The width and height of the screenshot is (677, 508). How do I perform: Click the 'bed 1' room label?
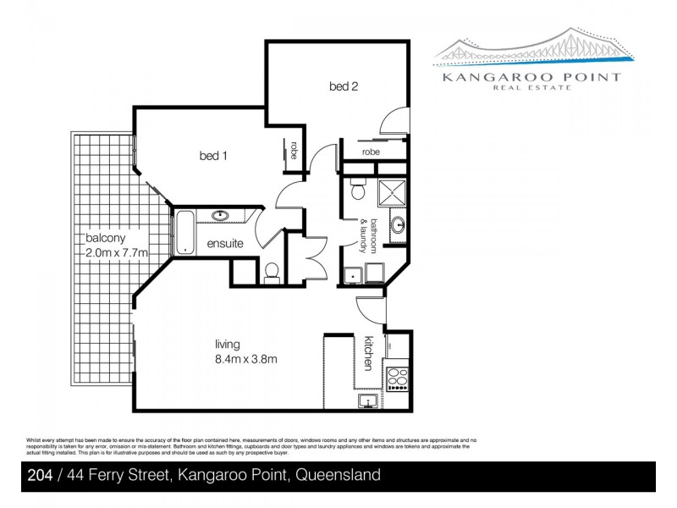213,156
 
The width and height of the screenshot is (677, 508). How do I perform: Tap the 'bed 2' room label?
344,86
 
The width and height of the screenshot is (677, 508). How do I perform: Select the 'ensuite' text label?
224,244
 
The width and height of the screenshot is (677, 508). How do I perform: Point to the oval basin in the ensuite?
221,216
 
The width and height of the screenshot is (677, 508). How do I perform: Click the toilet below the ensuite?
272,271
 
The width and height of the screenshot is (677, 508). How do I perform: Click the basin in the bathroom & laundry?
399,225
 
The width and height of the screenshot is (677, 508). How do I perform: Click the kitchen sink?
368,401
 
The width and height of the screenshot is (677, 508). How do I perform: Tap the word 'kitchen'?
369,351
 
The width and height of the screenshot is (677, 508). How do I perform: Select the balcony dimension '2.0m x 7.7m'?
117,252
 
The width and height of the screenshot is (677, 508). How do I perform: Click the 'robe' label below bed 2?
371,152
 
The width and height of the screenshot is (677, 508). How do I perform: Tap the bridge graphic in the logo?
533,49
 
